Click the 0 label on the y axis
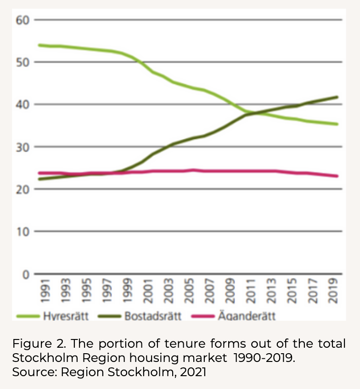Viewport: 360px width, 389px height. (x=25, y=274)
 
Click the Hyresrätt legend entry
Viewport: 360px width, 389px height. (x=65, y=316)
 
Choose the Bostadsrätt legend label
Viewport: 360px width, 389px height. (x=153, y=316)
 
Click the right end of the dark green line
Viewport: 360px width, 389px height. (x=337, y=97)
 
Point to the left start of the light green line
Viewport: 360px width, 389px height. (x=39, y=45)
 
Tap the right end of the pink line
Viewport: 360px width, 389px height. (x=337, y=176)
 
